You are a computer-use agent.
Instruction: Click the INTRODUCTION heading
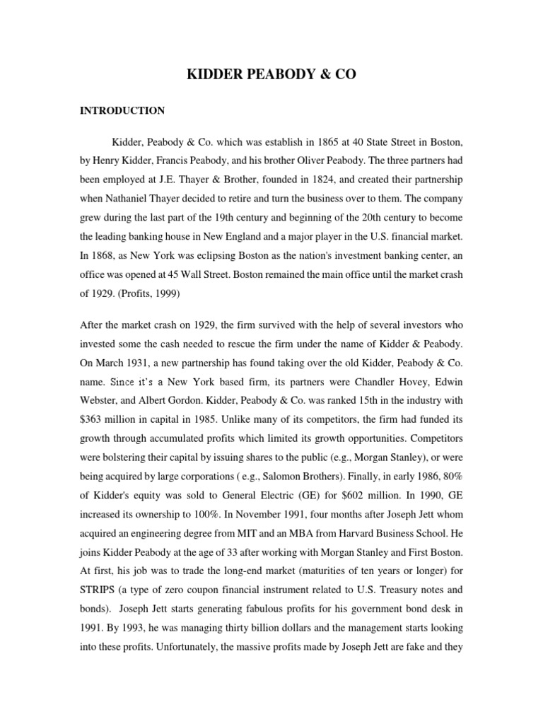[122, 111]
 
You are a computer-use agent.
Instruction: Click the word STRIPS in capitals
[100, 585]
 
